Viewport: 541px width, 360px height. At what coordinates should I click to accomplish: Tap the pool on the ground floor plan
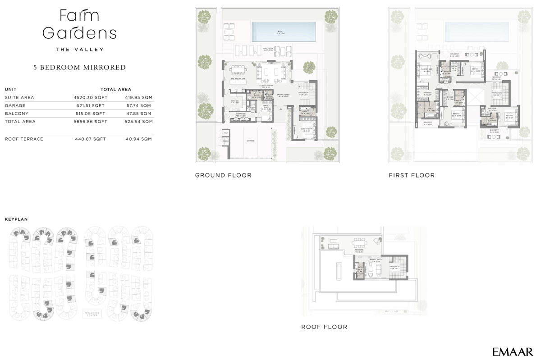pos(280,32)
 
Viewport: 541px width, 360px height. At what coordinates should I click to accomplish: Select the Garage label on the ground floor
pos(250,141)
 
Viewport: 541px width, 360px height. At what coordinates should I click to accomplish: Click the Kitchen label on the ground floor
pos(234,101)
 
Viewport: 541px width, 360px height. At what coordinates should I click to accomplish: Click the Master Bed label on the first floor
pos(426,69)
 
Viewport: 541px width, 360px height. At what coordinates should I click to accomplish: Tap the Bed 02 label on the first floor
pos(509,116)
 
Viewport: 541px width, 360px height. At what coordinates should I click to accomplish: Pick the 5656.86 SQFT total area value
pos(90,122)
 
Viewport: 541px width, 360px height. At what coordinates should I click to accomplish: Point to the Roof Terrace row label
pos(24,139)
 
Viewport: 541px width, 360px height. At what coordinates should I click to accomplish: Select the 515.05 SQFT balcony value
pos(90,114)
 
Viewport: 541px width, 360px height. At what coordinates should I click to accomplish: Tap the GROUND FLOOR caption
pos(223,175)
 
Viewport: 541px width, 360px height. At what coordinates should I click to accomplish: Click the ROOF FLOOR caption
pos(324,327)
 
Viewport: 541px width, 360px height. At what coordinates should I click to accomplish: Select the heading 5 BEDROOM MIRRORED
pos(79,68)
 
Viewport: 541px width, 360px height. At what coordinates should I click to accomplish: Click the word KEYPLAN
pos(16,219)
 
